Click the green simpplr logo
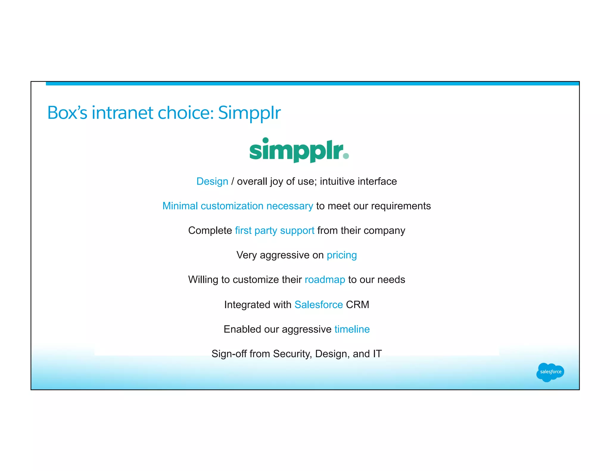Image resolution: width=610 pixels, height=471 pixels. pos(299,150)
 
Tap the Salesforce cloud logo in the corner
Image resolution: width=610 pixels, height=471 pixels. pos(550,372)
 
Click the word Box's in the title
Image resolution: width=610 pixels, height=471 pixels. pos(67,113)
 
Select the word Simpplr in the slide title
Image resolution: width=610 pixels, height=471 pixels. pos(249,113)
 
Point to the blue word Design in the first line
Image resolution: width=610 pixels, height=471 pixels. pos(212,181)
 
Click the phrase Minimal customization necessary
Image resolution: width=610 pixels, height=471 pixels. pos(237,206)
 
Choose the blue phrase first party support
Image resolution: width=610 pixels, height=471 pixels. pos(274,231)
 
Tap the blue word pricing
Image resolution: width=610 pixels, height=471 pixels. pos(342,255)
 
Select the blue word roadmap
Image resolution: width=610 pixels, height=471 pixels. pos(325,280)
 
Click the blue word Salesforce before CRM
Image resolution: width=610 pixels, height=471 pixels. pos(318,305)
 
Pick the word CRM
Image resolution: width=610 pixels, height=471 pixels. pos(357,305)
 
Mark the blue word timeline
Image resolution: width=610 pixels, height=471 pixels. pos(352,329)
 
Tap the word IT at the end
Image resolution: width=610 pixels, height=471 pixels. pos(377,354)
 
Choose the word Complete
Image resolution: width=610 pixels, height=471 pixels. pos(210,231)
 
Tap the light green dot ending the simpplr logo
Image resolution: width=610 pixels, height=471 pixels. pos(346,156)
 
